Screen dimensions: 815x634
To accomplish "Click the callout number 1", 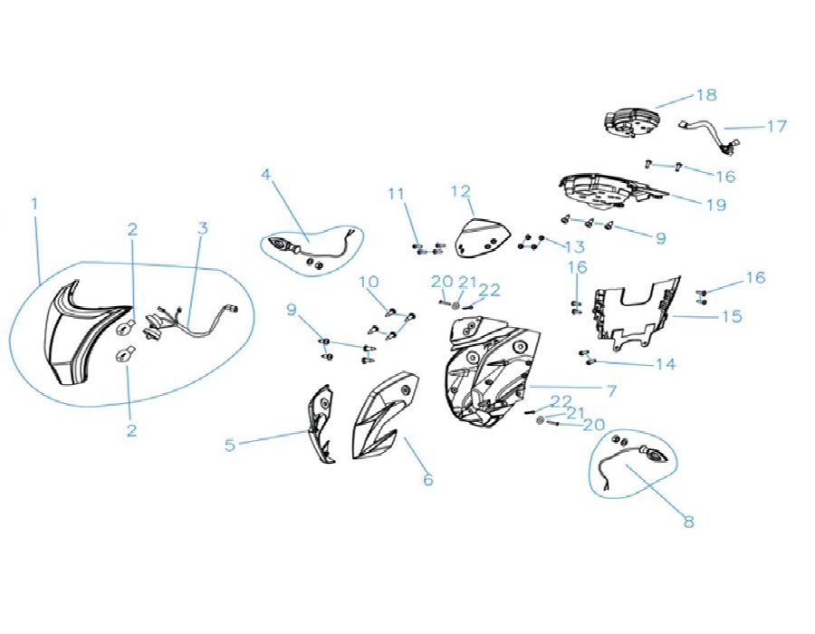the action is (34, 204).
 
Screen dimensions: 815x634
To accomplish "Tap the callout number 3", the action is (203, 227).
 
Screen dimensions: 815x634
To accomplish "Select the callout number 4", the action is (266, 174).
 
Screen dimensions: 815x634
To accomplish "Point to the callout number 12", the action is (461, 191).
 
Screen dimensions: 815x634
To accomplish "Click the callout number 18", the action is (707, 95).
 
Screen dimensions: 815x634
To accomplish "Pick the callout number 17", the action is (778, 126).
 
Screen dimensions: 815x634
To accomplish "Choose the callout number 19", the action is (716, 205).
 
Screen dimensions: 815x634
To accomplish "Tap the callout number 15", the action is (733, 316).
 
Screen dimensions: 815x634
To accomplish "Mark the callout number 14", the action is (666, 364).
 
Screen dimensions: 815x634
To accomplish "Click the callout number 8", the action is (689, 521).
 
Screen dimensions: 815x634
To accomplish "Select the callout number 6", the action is (427, 479).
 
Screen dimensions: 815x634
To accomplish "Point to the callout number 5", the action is (230, 445).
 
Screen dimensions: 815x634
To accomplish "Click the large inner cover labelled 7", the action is (490, 371).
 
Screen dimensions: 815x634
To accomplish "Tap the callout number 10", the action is (369, 283).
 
